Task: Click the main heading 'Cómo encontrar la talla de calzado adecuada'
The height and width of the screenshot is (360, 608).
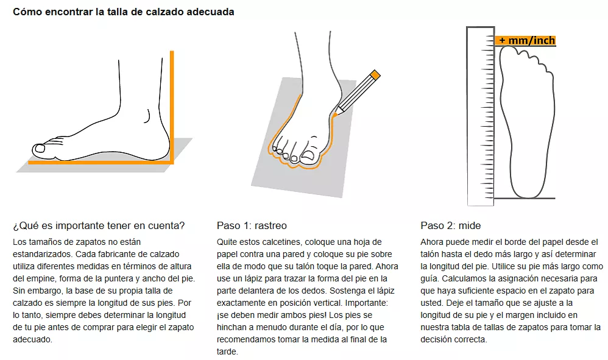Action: pyautogui.click(x=123, y=12)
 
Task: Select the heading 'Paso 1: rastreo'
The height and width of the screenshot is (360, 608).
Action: pyautogui.click(x=252, y=225)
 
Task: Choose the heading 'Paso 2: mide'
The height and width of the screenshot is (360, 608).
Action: pyautogui.click(x=451, y=225)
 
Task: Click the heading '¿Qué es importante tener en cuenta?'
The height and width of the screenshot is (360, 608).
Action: pyautogui.click(x=99, y=225)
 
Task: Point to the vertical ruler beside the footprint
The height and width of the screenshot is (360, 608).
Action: pyautogui.click(x=481, y=116)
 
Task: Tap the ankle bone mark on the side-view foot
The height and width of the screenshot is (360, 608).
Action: pyautogui.click(x=147, y=116)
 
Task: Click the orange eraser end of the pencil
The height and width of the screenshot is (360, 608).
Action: pyautogui.click(x=375, y=75)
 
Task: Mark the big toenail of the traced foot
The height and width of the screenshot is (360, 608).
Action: pyautogui.click(x=309, y=155)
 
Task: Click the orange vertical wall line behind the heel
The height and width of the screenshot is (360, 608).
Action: pyautogui.click(x=172, y=107)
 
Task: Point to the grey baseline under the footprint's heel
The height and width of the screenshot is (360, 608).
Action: pyautogui.click(x=525, y=199)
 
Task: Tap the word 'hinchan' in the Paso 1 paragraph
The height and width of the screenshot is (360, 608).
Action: pyautogui.click(x=232, y=327)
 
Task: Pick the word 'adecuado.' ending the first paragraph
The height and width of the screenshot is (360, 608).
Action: pyautogui.click(x=32, y=339)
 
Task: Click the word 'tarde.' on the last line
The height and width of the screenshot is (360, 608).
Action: pyautogui.click(x=228, y=352)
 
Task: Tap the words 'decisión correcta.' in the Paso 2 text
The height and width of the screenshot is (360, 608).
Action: pyautogui.click(x=454, y=339)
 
